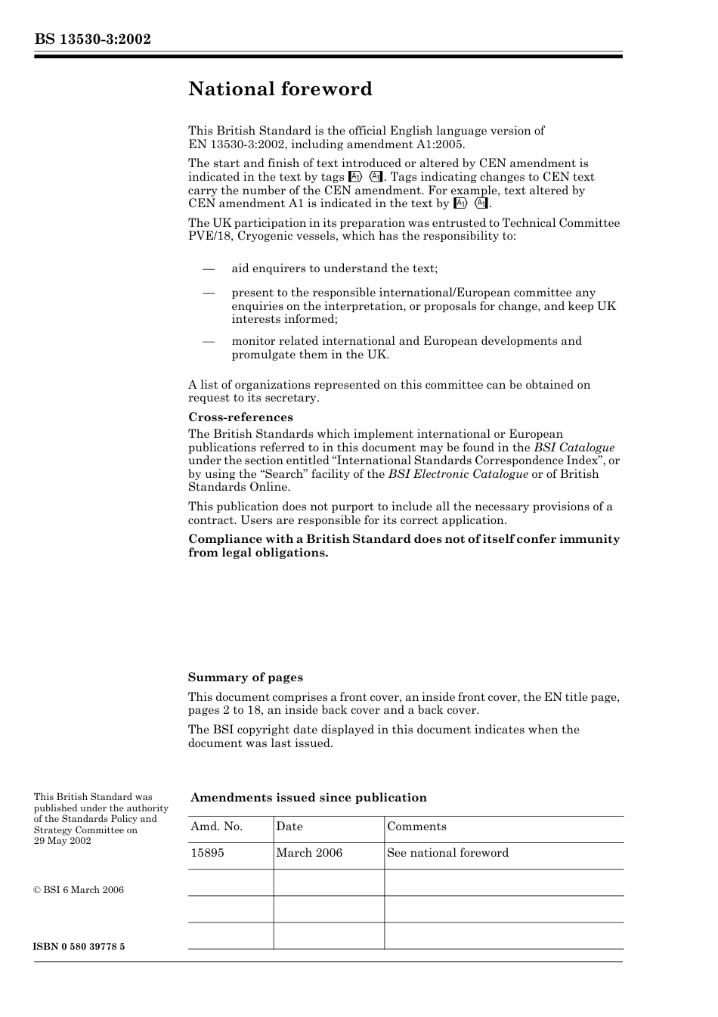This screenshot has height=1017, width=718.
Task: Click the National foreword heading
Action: (280, 89)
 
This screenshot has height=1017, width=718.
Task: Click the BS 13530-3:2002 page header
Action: (92, 39)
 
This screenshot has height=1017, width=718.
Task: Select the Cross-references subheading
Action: (240, 417)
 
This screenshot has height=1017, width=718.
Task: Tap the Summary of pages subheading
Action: (245, 677)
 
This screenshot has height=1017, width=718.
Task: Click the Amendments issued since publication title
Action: (308, 798)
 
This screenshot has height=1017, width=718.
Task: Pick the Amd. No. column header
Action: (216, 826)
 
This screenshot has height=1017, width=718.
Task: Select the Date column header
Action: (289, 826)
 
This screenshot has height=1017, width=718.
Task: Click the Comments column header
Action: (416, 826)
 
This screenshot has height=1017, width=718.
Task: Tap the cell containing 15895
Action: (207, 853)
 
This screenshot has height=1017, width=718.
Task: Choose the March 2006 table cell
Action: (308, 853)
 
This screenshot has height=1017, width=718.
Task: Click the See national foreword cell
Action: (447, 853)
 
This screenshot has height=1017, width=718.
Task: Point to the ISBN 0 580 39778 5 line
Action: (79, 947)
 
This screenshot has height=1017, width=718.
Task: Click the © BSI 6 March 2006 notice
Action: (79, 890)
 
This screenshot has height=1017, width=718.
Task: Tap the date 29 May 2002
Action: (62, 841)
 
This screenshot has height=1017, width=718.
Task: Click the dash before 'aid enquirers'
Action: (209, 268)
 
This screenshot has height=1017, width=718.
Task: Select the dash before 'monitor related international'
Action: (209, 341)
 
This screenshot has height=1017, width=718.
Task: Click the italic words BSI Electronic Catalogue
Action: (458, 474)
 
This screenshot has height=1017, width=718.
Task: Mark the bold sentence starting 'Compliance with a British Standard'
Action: (404, 546)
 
